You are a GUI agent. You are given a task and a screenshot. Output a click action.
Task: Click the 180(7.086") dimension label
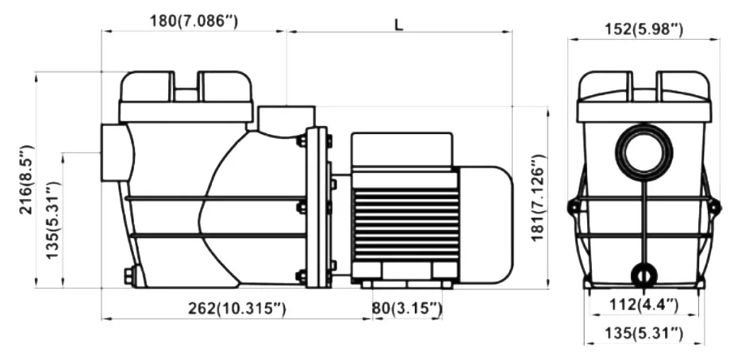(x=194, y=21)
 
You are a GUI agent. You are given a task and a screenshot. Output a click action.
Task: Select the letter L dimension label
(x=398, y=25)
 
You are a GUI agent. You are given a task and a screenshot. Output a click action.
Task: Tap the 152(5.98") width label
(x=644, y=29)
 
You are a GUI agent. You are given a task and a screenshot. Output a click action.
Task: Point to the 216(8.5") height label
(x=26, y=179)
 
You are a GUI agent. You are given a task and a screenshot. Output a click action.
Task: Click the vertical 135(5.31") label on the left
(x=53, y=220)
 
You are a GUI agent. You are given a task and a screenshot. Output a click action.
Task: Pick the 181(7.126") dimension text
(x=539, y=197)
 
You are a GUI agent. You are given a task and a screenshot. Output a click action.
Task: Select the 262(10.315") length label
(x=237, y=308)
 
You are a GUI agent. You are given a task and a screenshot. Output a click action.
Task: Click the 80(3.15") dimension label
(x=406, y=308)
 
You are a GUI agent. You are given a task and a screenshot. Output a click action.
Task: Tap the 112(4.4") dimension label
(x=644, y=304)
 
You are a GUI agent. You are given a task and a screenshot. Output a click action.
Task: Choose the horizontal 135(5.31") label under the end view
(x=644, y=333)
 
